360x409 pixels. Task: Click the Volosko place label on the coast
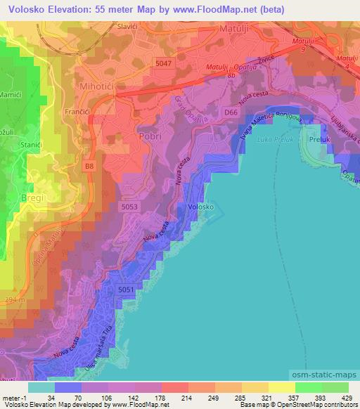click(x=202, y=207)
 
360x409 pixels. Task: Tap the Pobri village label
click(x=150, y=136)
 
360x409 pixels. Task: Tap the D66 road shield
click(x=231, y=112)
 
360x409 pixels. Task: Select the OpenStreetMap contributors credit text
click(x=314, y=405)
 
